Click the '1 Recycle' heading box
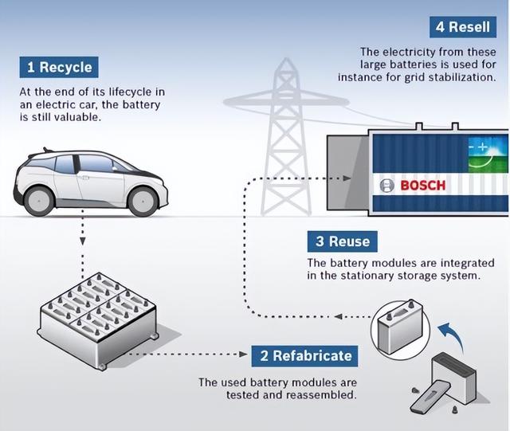59,68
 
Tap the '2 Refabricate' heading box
304,356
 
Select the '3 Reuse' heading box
343,241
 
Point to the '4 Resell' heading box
463,27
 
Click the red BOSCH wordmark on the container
423,186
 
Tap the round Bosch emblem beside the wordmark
386,186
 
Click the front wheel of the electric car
143,202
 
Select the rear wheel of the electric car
39,202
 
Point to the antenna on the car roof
47,150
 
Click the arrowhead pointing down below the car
83,241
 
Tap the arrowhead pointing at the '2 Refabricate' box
243,354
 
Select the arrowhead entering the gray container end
347,178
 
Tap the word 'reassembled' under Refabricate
321,395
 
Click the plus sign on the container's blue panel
483,147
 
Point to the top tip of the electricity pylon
286,58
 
